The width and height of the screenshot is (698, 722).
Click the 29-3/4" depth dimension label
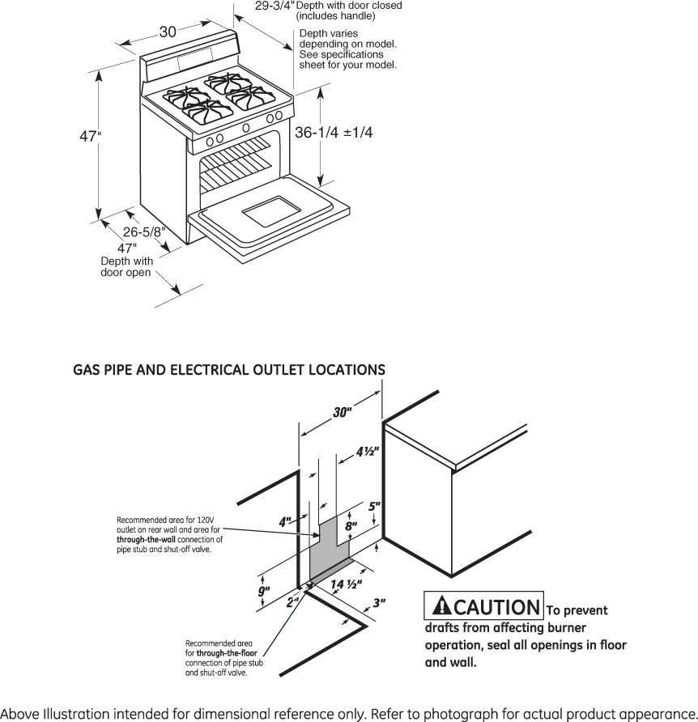pyautogui.click(x=275, y=6)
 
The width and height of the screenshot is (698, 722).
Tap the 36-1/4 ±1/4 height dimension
pyautogui.click(x=334, y=133)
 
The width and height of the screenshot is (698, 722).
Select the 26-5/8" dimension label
pyautogui.click(x=144, y=231)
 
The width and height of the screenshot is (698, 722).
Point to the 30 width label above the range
pyautogui.click(x=168, y=32)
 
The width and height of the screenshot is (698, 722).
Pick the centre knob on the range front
pyautogui.click(x=246, y=128)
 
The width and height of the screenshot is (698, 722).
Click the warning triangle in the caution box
pyautogui.click(x=442, y=605)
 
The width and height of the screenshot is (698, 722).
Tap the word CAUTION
pyautogui.click(x=496, y=607)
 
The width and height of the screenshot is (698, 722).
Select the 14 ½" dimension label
pyautogui.click(x=346, y=584)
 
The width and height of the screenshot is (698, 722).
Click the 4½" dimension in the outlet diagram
pyautogui.click(x=368, y=452)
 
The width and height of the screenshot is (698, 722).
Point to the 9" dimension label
pyautogui.click(x=264, y=591)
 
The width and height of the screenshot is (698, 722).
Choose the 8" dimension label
pyautogui.click(x=351, y=526)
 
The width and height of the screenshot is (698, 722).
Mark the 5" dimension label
pyautogui.click(x=375, y=507)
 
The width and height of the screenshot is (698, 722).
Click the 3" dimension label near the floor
pyautogui.click(x=379, y=602)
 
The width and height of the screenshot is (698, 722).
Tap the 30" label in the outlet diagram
pyautogui.click(x=343, y=412)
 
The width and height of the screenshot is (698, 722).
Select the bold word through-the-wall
pyautogui.click(x=146, y=540)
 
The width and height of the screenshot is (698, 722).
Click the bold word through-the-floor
pyautogui.click(x=227, y=653)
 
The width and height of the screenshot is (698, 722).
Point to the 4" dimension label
pyautogui.click(x=285, y=522)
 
